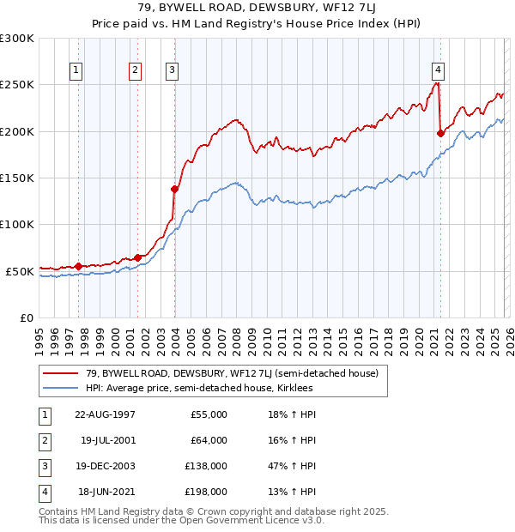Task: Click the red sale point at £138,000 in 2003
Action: click(x=174, y=189)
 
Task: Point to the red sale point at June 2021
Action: click(x=440, y=133)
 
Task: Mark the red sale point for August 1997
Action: click(x=78, y=266)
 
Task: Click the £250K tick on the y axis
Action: click(x=17, y=85)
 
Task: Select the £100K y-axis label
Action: click(x=17, y=224)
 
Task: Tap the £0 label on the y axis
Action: click(x=26, y=317)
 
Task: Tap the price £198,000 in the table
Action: click(x=207, y=492)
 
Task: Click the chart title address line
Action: click(x=257, y=9)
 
